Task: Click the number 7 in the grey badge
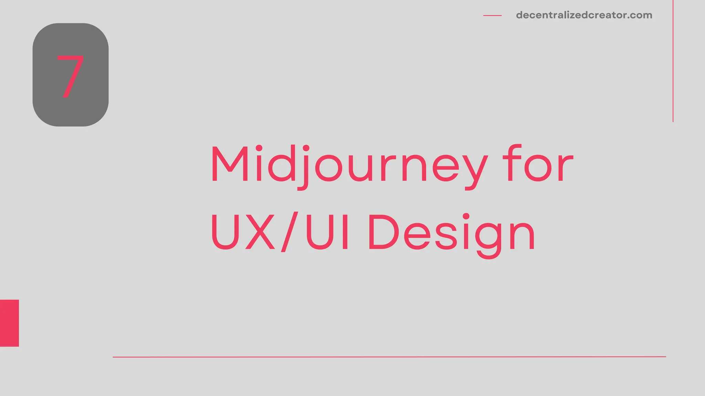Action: [71, 76]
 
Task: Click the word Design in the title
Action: [451, 233]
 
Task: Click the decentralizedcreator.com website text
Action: [584, 15]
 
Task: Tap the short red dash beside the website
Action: [492, 15]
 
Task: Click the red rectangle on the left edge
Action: [9, 323]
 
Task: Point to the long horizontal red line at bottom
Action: [389, 357]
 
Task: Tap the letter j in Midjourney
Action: [304, 167]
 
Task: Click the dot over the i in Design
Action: [466, 216]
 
